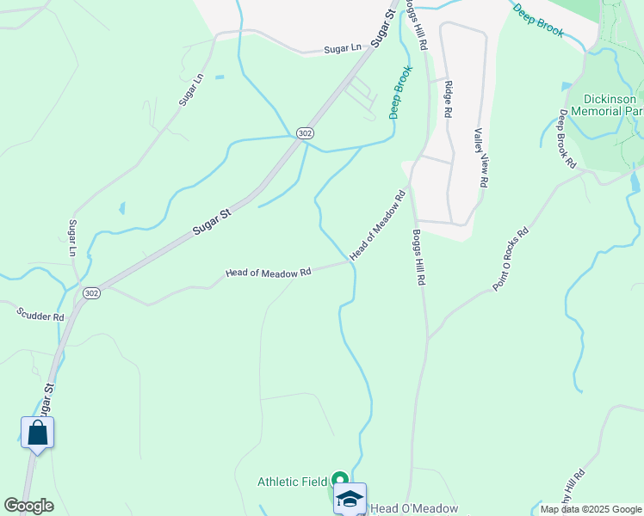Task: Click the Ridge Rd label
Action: point(449,101)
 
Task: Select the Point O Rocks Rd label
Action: point(511,259)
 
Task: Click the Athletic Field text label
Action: point(293,482)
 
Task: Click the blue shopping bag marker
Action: point(37,432)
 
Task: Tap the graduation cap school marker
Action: point(350,498)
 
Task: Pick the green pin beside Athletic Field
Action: point(340,480)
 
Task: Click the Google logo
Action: point(28,506)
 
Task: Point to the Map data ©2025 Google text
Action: point(591,509)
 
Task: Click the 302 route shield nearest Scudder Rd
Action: point(92,293)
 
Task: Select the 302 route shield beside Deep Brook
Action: point(304,132)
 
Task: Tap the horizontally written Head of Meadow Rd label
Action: point(268,273)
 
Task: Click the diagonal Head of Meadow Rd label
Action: point(377,225)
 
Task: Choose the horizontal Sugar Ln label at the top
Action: point(343,50)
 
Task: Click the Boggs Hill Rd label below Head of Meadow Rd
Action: point(418,257)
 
